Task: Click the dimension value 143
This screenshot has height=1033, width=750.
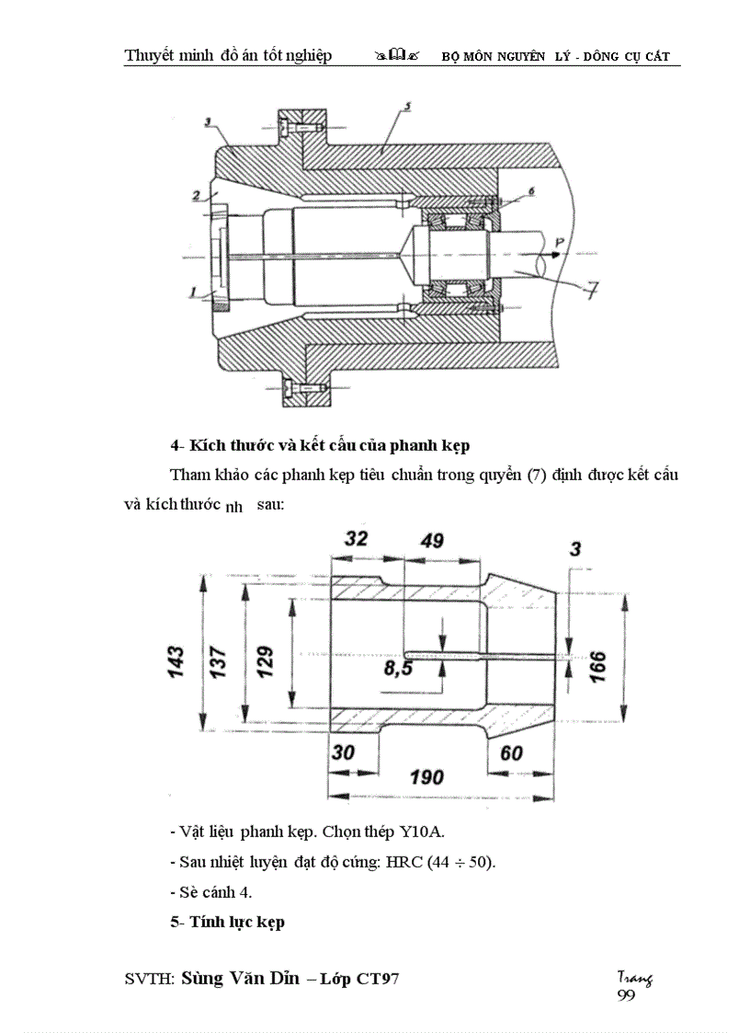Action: (x=177, y=661)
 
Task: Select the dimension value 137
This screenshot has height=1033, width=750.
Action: (x=221, y=661)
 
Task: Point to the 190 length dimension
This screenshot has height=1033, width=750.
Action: (x=426, y=777)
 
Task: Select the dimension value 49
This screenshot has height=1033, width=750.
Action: (x=432, y=541)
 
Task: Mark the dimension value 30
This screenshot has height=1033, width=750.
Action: (x=343, y=752)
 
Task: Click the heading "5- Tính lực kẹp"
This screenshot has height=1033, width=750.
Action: (x=227, y=922)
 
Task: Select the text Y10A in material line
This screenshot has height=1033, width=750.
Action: (x=421, y=832)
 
